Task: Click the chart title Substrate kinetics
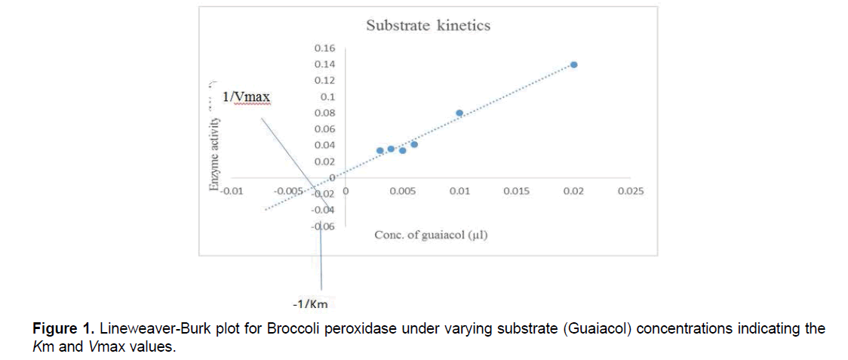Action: pyautogui.click(x=428, y=26)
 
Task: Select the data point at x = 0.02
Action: pyautogui.click(x=574, y=65)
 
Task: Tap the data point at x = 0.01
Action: pyautogui.click(x=459, y=113)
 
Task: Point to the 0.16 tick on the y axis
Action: pyautogui.click(x=324, y=48)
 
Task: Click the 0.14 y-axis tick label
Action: pyautogui.click(x=324, y=64)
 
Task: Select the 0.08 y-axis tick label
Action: pyautogui.click(x=324, y=113)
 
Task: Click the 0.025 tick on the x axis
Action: pyautogui.click(x=630, y=192)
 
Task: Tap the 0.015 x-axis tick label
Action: pyautogui.click(x=516, y=192)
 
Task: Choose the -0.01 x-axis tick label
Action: pyautogui.click(x=231, y=192)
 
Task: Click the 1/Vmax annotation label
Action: pyautogui.click(x=246, y=97)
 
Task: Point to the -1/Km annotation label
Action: pyautogui.click(x=310, y=304)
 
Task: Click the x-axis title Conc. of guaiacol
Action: pyautogui.click(x=431, y=235)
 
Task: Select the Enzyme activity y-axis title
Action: pyautogui.click(x=214, y=148)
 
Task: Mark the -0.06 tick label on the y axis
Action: pyautogui.click(x=324, y=226)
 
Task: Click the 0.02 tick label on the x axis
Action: pyautogui.click(x=573, y=192)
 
